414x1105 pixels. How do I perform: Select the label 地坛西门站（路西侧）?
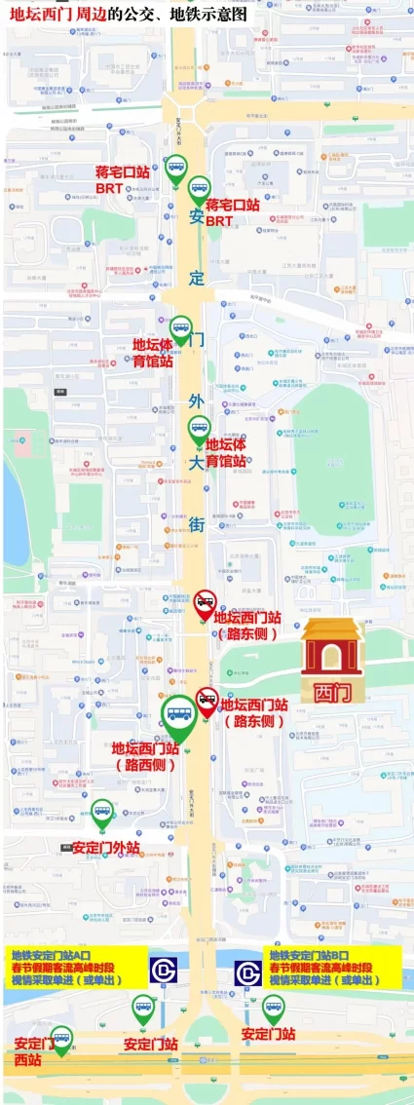144,757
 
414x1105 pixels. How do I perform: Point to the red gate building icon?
331,645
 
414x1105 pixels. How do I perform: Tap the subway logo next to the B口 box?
248,971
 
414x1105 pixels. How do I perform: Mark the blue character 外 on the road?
196,401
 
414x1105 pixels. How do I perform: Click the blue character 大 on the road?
196,462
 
